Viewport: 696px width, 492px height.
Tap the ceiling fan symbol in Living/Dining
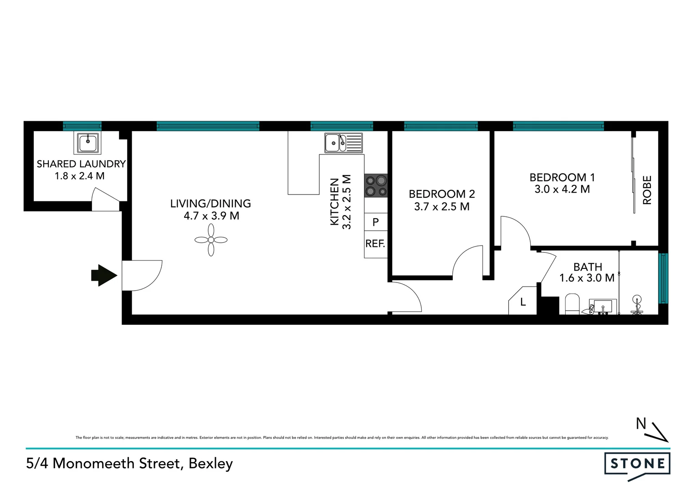211,240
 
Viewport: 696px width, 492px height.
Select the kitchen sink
343,143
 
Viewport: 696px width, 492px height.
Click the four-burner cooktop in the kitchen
376,185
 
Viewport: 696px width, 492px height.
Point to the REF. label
375,244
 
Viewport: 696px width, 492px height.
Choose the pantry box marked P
376,222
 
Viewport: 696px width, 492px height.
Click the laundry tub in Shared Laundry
87,143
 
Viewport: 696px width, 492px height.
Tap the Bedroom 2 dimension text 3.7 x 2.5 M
441,206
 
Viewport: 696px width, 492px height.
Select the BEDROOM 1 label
562,177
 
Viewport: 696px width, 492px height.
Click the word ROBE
647,190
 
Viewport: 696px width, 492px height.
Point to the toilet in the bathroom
572,304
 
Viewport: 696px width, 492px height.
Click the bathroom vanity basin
603,307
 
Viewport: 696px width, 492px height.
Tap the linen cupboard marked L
523,302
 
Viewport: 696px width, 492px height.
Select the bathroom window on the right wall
663,278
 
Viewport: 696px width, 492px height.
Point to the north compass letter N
641,424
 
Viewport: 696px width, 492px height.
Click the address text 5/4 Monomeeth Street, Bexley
129,463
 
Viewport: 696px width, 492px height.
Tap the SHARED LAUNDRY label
81,164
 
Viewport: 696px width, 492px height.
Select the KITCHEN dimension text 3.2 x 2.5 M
347,202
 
